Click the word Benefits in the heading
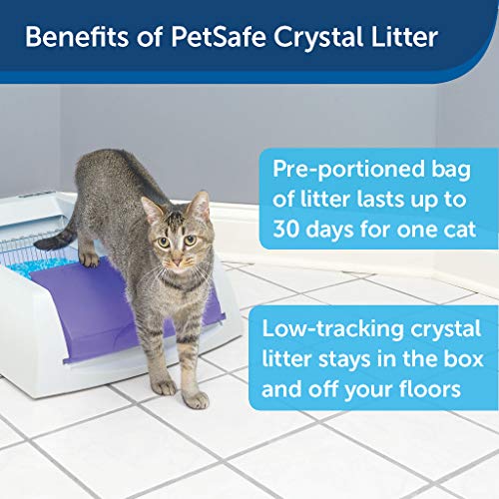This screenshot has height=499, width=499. (x=76, y=39)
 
